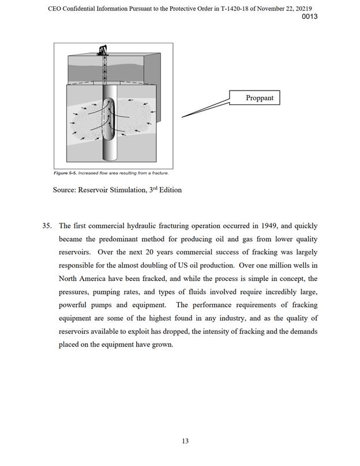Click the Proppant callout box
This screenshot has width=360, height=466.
(260, 98)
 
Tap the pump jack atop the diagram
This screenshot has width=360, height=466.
(104, 49)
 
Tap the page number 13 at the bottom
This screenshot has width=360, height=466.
(185, 441)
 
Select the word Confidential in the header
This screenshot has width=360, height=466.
(85, 6)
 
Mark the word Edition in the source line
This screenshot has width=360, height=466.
(168, 190)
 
